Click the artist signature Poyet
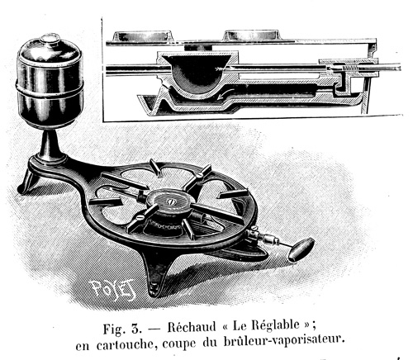coord(113,289)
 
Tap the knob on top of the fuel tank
coord(50,39)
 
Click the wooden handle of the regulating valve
coord(301,249)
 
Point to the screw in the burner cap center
coord(171,201)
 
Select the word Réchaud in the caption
coord(192,327)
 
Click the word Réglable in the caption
coord(275,325)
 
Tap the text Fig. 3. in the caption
coord(122,329)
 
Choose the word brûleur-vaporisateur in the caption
coord(284,342)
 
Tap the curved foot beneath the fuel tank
coord(26,180)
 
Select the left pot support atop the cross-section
coord(143,36)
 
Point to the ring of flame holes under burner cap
coord(163,226)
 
